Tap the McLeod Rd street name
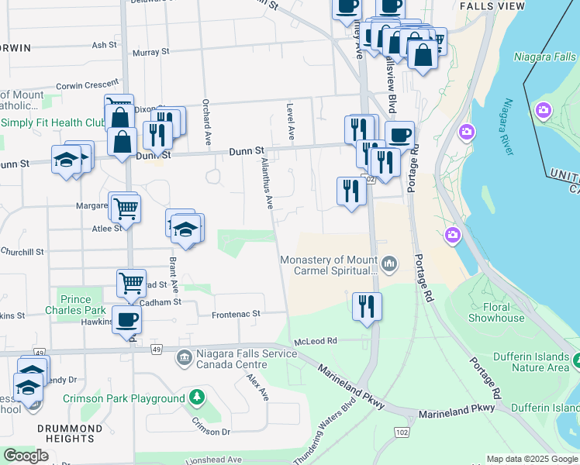point(315,341)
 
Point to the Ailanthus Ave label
point(268,183)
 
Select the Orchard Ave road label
point(207,122)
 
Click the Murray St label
point(150,53)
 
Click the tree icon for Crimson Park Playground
point(197,398)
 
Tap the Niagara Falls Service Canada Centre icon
point(185,357)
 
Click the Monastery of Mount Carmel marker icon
point(389,265)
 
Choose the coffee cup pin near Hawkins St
point(127,318)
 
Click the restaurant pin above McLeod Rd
point(367,305)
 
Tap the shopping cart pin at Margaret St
point(126,207)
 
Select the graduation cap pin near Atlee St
point(186,229)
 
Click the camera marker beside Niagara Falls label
point(543,111)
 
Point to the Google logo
point(26,456)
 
